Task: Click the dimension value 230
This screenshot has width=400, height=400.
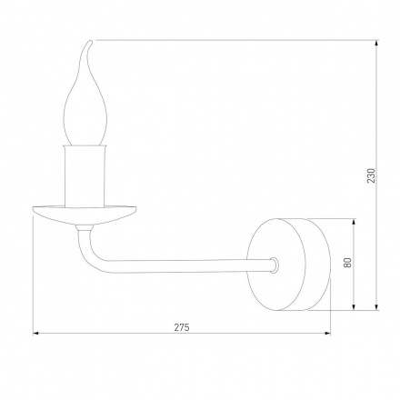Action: (370, 175)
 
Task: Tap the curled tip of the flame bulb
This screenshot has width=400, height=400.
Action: (90, 44)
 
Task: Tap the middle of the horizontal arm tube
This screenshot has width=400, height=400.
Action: (182, 266)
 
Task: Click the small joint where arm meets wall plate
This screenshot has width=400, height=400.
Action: (273, 266)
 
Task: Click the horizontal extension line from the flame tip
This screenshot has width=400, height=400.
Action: (236, 39)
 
